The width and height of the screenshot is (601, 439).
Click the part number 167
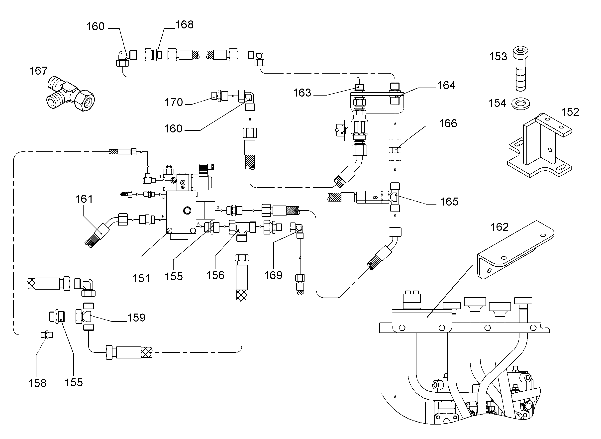(38, 71)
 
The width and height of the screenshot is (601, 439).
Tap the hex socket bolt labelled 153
(520, 69)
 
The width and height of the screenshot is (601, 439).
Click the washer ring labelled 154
(520, 103)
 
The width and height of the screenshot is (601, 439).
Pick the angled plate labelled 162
(515, 250)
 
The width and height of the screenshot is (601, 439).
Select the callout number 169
(273, 275)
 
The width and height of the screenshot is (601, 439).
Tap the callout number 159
(136, 318)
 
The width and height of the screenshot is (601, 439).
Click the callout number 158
(37, 383)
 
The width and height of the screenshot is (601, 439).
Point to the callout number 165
(449, 202)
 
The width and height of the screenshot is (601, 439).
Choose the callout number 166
(448, 123)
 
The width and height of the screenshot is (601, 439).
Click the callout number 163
(302, 93)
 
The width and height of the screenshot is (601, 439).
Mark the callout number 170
(174, 102)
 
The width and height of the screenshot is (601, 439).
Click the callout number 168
(184, 25)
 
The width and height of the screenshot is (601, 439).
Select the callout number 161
(84, 199)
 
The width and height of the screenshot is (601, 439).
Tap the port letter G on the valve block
(218, 208)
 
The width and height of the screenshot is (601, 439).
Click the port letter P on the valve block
(163, 216)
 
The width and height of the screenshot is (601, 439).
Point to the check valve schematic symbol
(340, 130)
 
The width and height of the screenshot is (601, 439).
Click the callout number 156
(215, 275)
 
